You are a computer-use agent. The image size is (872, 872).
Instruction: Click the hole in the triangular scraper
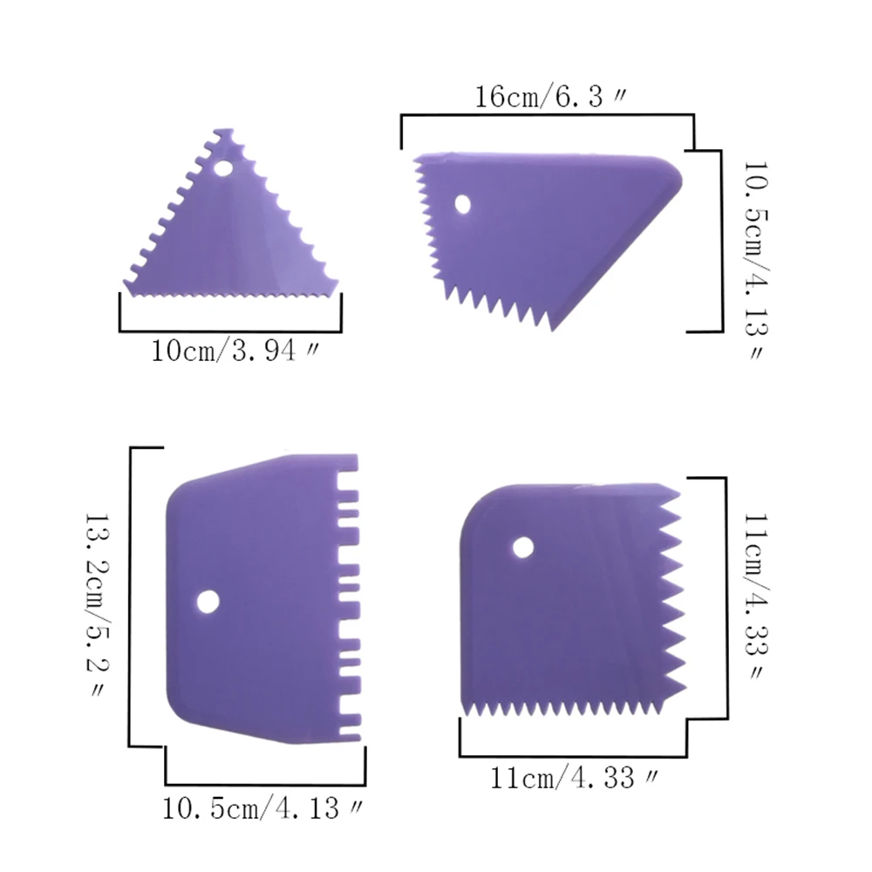pyautogui.click(x=223, y=168)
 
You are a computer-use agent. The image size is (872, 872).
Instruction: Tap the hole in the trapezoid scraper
pyautogui.click(x=462, y=204)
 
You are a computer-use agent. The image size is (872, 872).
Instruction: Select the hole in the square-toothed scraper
pyautogui.click(x=208, y=602)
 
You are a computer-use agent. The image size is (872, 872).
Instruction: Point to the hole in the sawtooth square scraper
pyautogui.click(x=522, y=548)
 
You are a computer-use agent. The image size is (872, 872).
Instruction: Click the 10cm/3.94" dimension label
pyautogui.click(x=235, y=351)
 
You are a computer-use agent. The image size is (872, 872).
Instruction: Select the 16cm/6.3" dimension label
pyautogui.click(x=550, y=97)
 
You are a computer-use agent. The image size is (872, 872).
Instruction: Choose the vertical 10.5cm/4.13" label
pyautogui.click(x=756, y=260)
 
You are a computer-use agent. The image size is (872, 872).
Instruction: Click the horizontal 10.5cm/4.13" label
pyautogui.click(x=262, y=808)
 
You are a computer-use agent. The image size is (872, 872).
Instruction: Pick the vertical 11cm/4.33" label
pyautogui.click(x=756, y=596)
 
